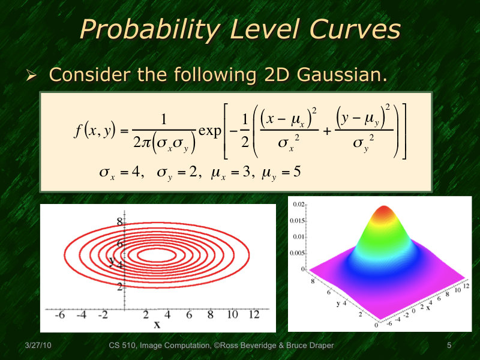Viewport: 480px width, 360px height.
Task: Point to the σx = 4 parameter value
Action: (121, 173)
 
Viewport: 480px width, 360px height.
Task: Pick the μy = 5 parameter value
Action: (281, 173)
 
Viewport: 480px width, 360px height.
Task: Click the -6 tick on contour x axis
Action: (59, 315)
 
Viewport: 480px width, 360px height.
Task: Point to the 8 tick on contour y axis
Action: (119, 221)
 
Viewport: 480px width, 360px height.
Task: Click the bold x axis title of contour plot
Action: (157, 325)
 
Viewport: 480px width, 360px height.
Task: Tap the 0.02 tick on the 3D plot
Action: (298, 205)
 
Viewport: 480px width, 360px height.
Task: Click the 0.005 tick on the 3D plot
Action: (297, 253)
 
